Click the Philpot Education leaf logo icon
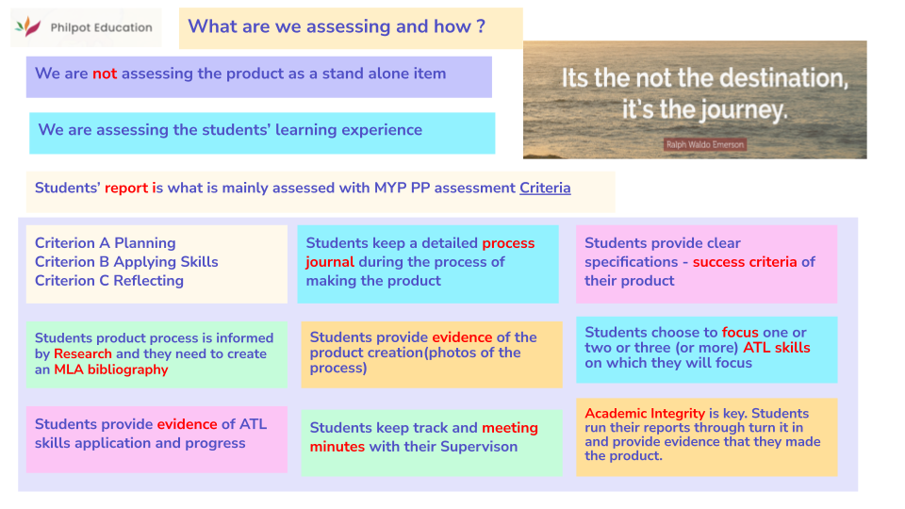click(32, 27)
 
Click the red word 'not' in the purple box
click(105, 74)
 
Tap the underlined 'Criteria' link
click(545, 188)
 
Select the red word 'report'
click(126, 188)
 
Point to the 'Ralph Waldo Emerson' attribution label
click(704, 144)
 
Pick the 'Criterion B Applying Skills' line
click(126, 262)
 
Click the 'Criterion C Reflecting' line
click(109, 281)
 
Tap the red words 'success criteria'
click(745, 262)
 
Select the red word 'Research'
click(83, 354)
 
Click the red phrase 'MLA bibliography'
click(111, 369)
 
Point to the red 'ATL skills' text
click(777, 348)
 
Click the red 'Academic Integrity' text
click(645, 413)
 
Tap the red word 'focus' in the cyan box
click(740, 333)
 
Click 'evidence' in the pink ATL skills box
click(188, 424)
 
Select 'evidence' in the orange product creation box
click(462, 337)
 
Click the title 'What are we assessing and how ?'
click(337, 26)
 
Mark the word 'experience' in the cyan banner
click(377, 130)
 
